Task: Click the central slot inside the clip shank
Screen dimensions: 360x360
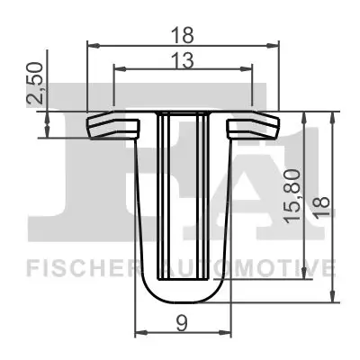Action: [184, 198]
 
